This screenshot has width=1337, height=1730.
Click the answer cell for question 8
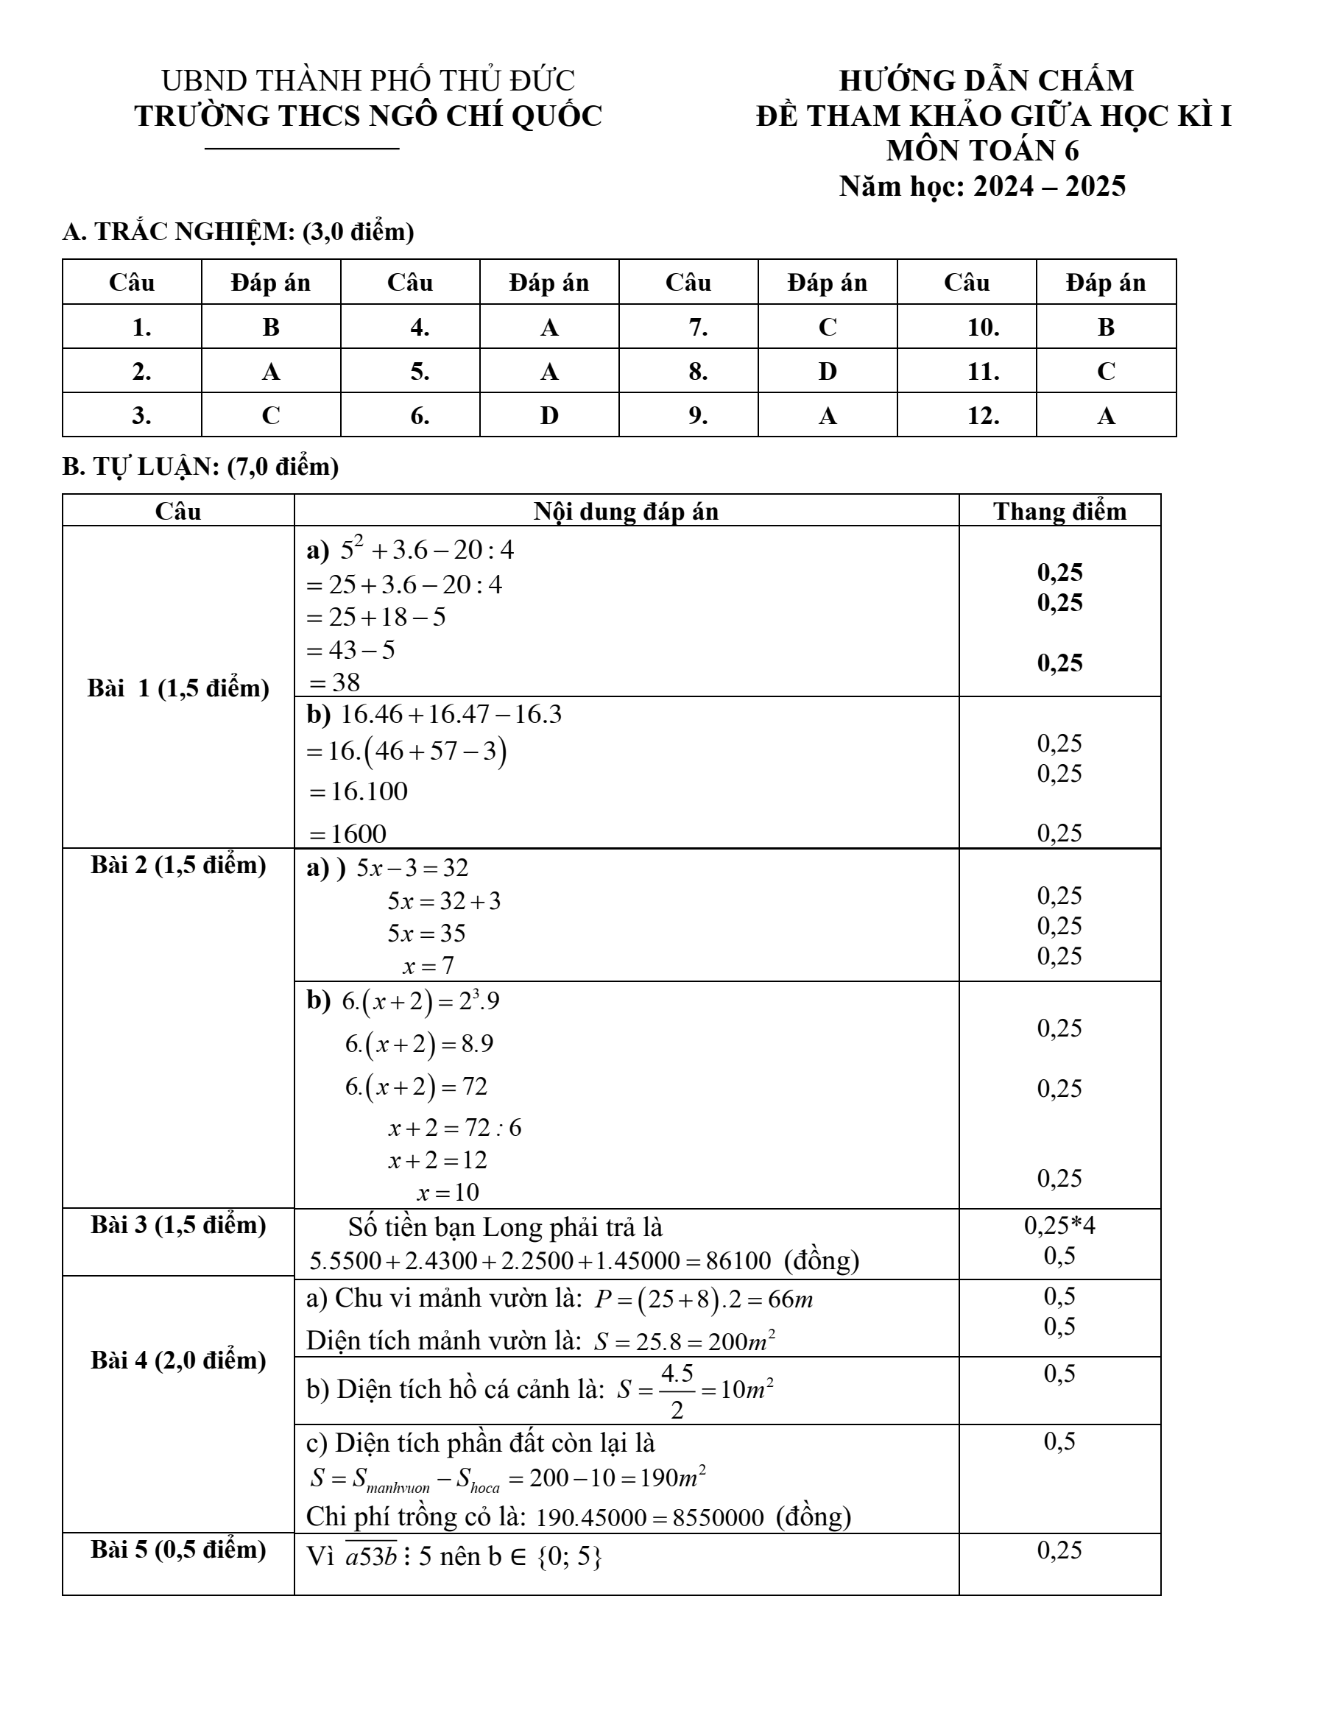click(x=827, y=371)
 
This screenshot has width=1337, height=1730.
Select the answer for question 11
click(x=1106, y=371)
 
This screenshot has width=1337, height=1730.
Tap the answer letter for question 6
click(x=549, y=415)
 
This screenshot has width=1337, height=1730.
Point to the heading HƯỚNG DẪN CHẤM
click(x=986, y=81)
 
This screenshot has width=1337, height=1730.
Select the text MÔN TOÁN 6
click(x=982, y=150)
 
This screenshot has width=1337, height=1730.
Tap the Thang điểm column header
click(x=1059, y=511)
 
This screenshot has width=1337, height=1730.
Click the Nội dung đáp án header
click(x=626, y=511)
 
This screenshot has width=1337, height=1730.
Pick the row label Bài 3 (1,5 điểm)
click(x=178, y=1225)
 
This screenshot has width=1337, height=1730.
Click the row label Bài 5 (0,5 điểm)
click(x=178, y=1550)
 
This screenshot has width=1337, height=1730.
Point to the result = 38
click(x=334, y=682)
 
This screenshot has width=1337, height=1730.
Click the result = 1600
click(x=348, y=833)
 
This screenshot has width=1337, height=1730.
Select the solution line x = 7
click(x=428, y=966)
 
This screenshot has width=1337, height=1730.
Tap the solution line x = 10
click(x=448, y=1192)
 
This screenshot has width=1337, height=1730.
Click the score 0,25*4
click(x=1059, y=1226)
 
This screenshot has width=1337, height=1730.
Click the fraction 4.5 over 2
click(x=677, y=1390)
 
